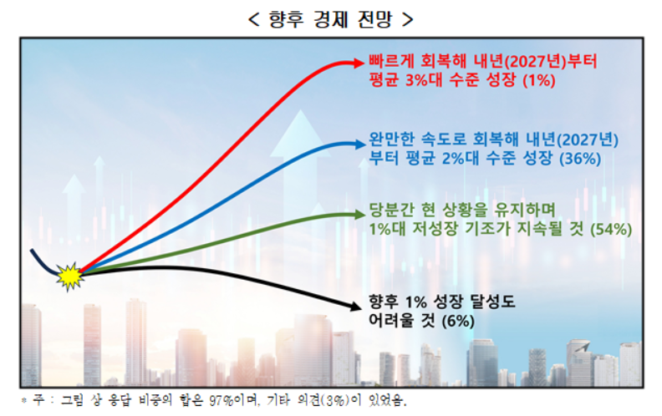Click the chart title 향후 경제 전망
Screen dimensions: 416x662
pyautogui.click(x=331, y=18)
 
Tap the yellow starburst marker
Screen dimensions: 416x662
pyautogui.click(x=69, y=273)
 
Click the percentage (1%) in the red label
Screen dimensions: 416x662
pyautogui.click(x=539, y=81)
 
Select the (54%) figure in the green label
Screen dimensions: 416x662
pyautogui.click(x=610, y=228)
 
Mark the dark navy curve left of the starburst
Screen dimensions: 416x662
pyautogui.click(x=42, y=261)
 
